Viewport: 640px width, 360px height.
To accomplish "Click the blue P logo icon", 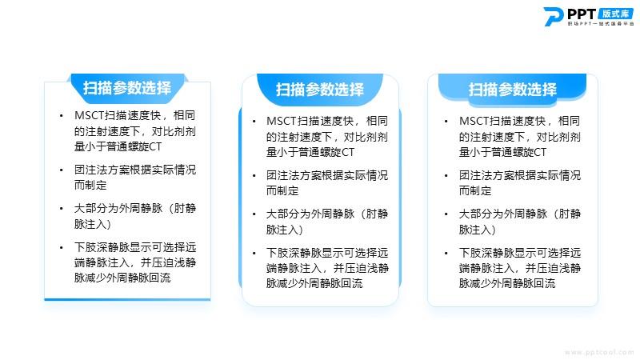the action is point(554,16).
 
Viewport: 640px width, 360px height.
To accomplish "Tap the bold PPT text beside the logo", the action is point(582,14).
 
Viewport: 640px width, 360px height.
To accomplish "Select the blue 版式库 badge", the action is point(616,14).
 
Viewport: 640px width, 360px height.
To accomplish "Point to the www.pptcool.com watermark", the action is point(598,352).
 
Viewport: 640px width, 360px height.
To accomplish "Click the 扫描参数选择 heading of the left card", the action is point(127,88).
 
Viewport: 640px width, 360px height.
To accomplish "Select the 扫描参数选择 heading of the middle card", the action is point(319,90).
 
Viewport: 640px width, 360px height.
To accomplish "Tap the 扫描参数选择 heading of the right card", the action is point(512,90).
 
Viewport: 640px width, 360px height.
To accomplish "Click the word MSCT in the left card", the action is point(90,115).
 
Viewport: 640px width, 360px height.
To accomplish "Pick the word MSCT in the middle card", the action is point(282,122).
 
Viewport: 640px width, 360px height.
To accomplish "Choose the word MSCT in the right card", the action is point(474,122).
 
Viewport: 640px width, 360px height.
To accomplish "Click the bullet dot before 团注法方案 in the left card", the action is point(62,170).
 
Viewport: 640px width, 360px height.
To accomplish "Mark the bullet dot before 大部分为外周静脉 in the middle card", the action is point(254,214).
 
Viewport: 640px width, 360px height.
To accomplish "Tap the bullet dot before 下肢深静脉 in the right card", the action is point(446,254).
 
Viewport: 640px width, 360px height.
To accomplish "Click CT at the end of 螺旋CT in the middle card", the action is point(348,152).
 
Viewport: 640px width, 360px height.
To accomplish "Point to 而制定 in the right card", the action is point(475,190).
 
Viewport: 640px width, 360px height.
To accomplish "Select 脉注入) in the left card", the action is point(93,224).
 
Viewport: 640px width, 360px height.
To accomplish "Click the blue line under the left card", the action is point(127,299).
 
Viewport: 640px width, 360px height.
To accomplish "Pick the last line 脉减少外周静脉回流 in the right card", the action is point(507,283).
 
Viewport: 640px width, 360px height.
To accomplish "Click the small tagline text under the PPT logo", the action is point(601,24).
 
